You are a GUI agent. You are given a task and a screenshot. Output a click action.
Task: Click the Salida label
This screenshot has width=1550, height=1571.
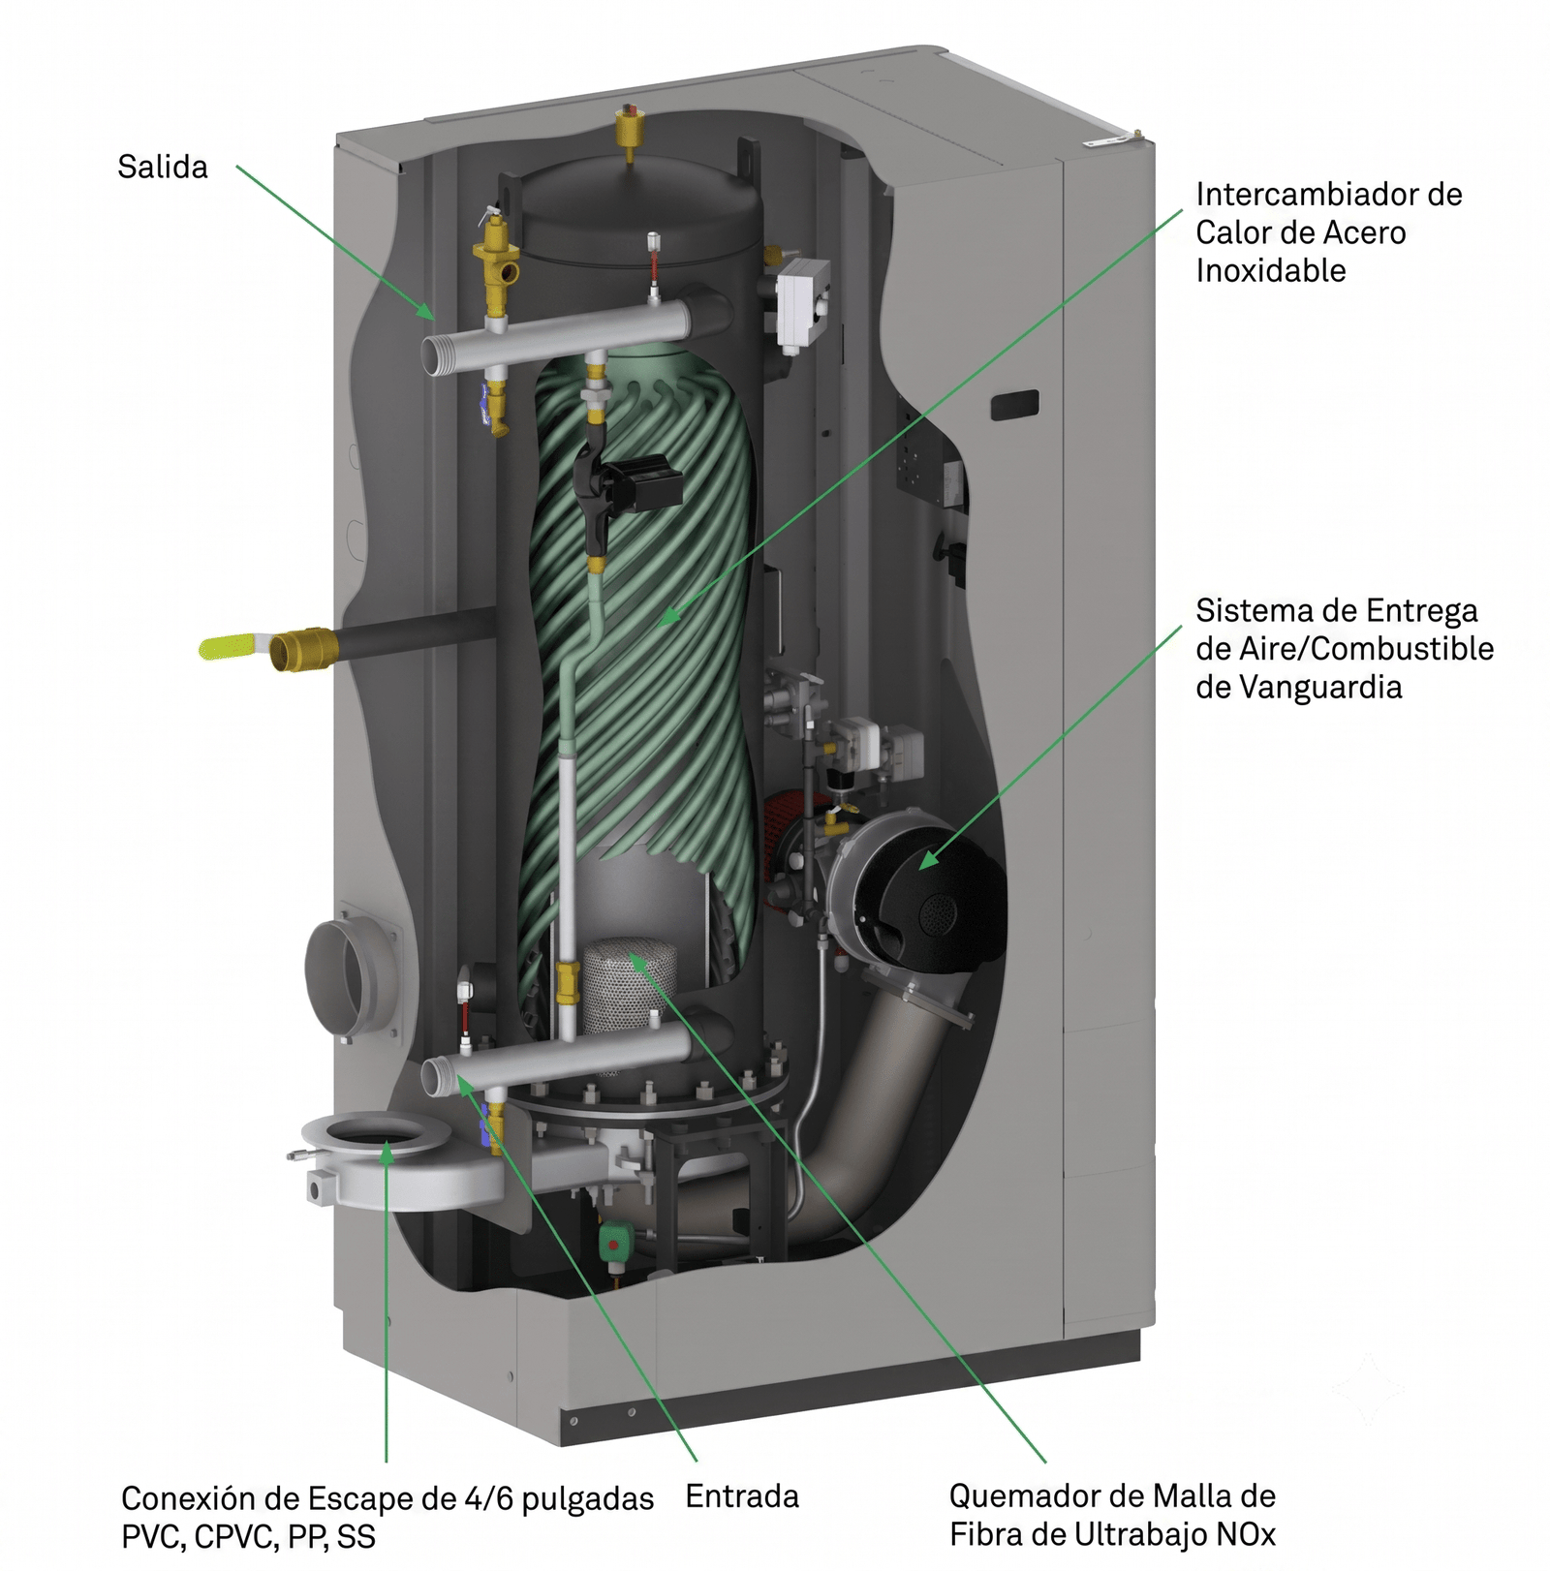click(162, 167)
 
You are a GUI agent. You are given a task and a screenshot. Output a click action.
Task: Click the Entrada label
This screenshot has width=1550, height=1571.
click(742, 1496)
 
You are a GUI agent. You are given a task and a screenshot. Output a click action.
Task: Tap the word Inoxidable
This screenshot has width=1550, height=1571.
click(1271, 270)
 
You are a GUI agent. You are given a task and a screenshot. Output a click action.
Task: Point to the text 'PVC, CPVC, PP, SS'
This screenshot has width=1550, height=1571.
click(248, 1537)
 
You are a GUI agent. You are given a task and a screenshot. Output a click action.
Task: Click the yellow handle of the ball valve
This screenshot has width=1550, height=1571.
click(232, 646)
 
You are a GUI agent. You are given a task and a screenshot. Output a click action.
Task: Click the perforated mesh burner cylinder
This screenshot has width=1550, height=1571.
click(621, 988)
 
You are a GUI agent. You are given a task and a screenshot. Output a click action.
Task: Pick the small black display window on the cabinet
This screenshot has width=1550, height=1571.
click(1014, 404)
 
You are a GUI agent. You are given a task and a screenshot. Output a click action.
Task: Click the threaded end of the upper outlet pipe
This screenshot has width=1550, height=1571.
click(438, 354)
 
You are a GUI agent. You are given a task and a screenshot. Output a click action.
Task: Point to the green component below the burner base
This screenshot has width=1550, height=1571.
click(615, 1242)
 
